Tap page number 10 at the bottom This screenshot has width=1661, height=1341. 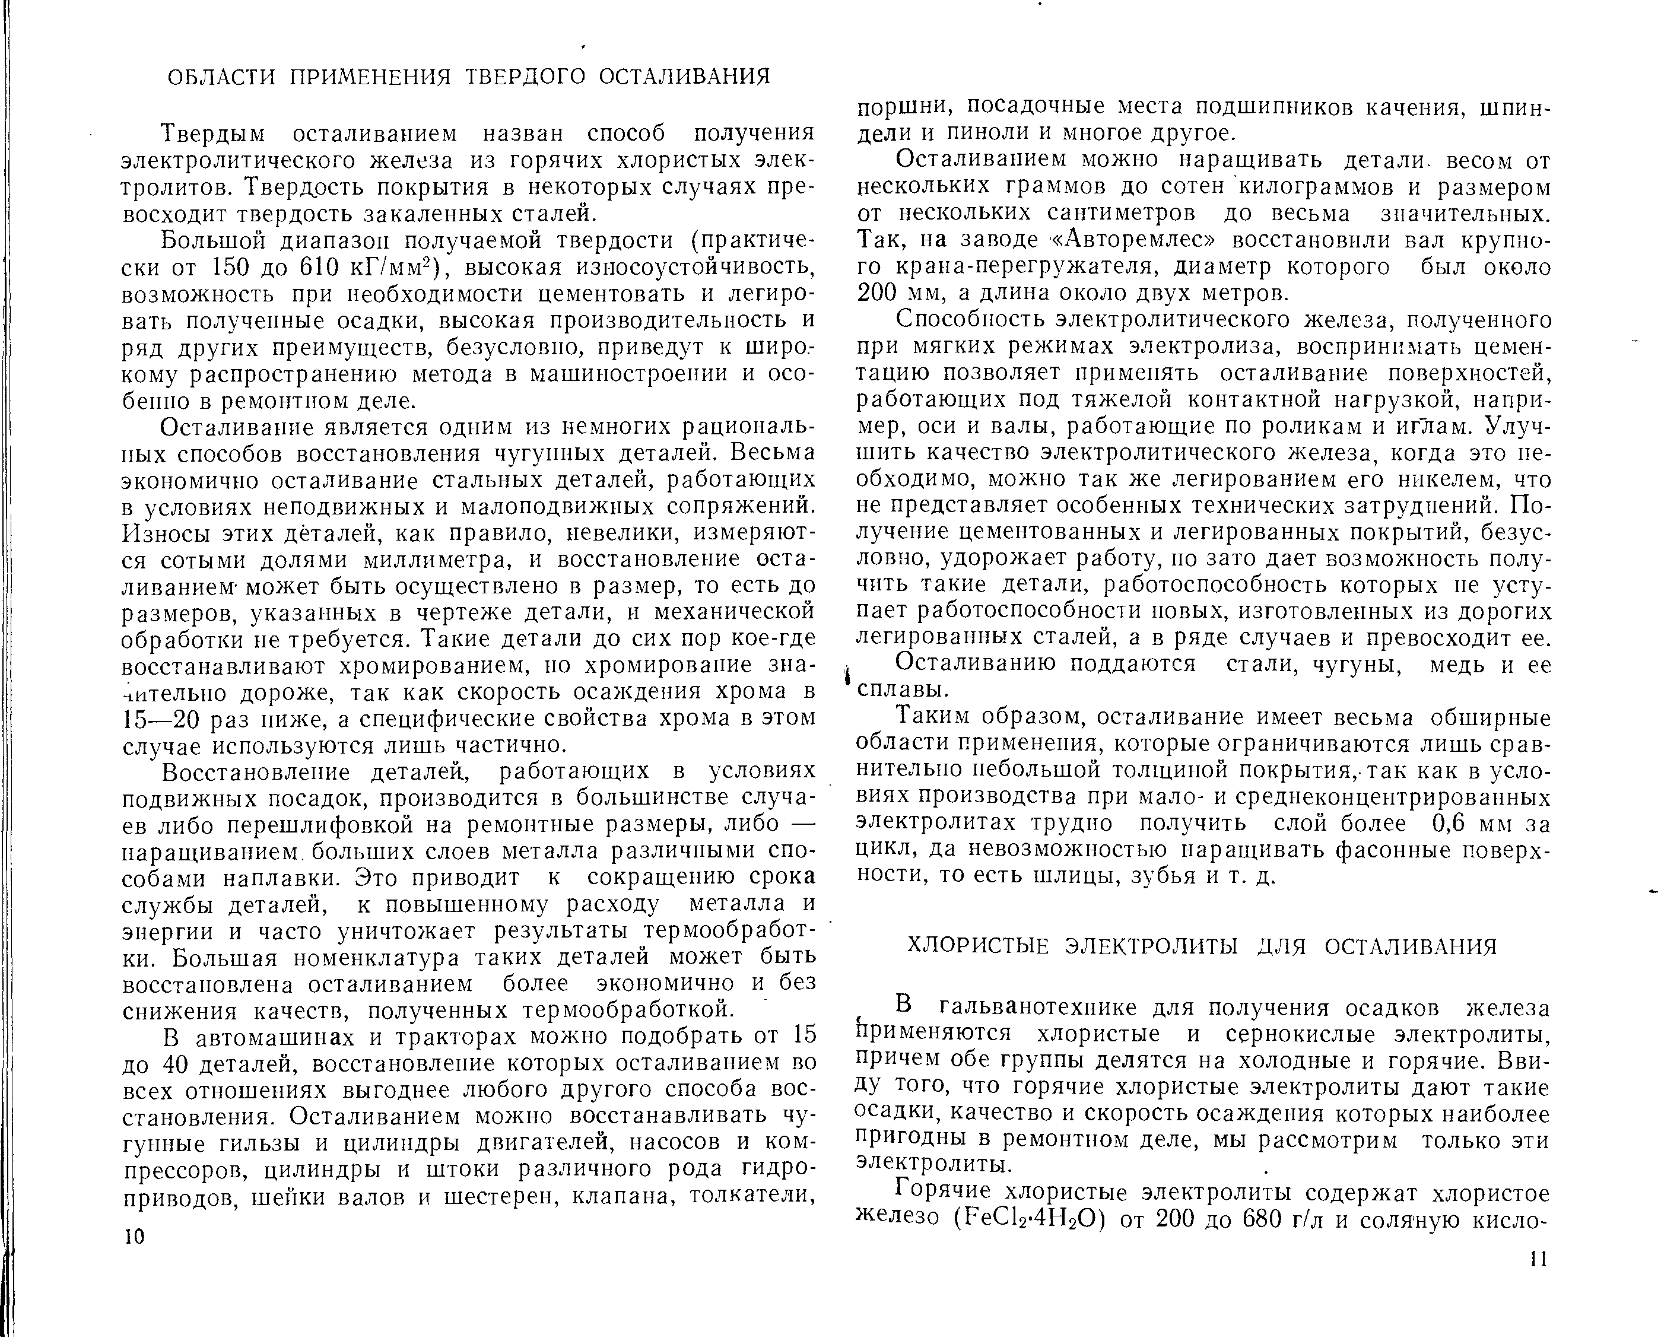click(134, 1237)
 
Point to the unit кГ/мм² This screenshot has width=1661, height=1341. click(395, 267)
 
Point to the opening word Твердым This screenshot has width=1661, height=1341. click(215, 134)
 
